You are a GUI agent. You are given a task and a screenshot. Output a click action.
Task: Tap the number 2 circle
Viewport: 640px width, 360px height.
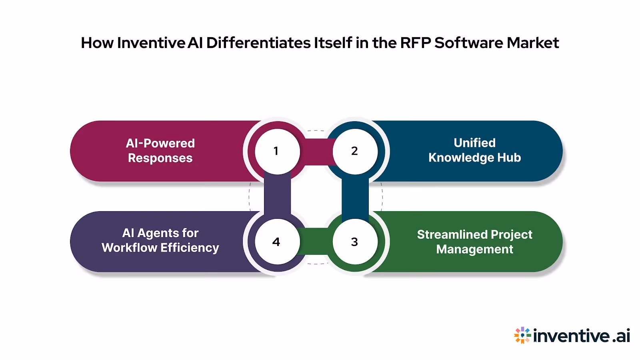(x=355, y=151)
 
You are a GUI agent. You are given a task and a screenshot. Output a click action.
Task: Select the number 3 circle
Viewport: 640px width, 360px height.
(x=355, y=242)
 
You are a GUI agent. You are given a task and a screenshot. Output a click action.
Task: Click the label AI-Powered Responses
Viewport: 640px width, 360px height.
(x=160, y=151)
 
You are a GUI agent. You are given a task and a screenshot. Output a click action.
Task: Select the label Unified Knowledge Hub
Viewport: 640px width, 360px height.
(x=474, y=150)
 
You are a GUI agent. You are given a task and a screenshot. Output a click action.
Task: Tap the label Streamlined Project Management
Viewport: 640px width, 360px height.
(x=474, y=242)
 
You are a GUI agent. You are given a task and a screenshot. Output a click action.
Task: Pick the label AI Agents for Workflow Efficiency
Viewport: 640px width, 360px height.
(x=160, y=240)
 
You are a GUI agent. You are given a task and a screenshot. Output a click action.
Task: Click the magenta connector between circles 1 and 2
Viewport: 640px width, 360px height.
(x=316, y=152)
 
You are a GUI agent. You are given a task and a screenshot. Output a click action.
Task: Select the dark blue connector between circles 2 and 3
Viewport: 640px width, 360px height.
(x=355, y=196)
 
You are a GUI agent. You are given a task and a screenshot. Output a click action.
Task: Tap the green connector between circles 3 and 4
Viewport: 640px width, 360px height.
(x=316, y=242)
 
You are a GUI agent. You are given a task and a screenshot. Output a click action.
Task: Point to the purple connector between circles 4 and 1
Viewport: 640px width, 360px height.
(x=277, y=196)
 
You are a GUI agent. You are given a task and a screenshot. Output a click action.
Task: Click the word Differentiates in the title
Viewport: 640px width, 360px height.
(x=258, y=43)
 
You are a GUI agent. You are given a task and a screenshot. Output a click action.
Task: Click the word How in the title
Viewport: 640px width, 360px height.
(x=97, y=43)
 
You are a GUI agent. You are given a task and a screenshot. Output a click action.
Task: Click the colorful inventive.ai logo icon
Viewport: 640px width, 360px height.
(x=522, y=335)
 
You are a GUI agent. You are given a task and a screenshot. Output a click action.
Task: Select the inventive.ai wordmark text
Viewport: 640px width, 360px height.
(x=582, y=336)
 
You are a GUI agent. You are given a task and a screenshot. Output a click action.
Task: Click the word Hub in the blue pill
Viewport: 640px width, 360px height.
(x=509, y=158)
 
